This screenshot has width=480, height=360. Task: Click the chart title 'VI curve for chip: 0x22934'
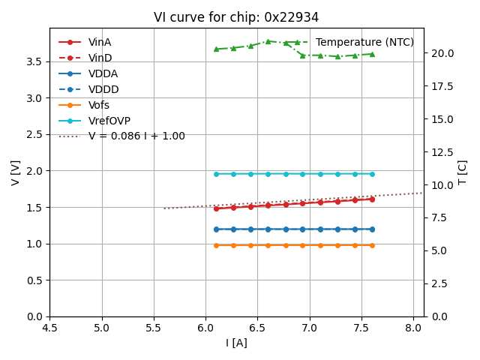coord(236,17)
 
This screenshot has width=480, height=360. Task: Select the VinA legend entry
coord(100,42)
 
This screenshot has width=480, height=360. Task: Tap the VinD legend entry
coord(100,58)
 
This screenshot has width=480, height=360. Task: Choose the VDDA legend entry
coord(103,73)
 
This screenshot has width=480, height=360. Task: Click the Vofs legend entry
coord(99,105)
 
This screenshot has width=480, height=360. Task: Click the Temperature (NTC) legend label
coord(364,42)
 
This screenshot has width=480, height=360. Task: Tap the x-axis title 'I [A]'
coord(236,343)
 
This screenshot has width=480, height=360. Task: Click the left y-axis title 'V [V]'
coord(16,172)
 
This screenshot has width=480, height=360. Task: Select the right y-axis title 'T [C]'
coord(462,172)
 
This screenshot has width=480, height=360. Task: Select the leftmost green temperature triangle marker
coord(216,49)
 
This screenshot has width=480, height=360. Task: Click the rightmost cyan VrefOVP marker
coord(372,174)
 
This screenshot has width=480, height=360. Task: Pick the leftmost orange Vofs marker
coord(216,245)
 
